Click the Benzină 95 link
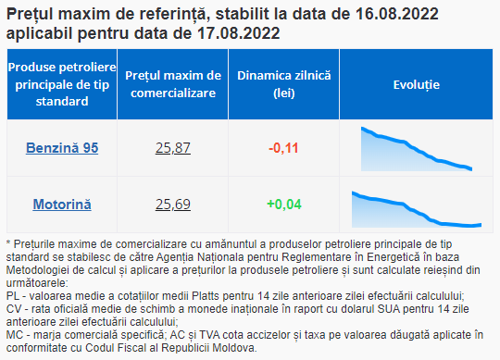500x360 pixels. click(x=62, y=148)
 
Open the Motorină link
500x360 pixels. click(x=62, y=205)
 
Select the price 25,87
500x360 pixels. click(x=173, y=148)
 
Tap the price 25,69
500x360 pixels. click(x=173, y=205)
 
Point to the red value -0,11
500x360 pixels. click(x=283, y=148)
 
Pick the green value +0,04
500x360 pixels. click(x=284, y=205)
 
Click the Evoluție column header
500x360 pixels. click(x=416, y=85)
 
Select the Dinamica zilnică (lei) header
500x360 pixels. click(x=284, y=84)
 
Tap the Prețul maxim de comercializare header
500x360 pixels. click(x=173, y=84)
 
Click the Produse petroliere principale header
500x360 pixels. click(x=62, y=84)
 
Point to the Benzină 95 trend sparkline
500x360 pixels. click(x=416, y=149)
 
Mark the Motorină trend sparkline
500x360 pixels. click(x=416, y=209)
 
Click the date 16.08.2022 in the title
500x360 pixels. click(x=396, y=14)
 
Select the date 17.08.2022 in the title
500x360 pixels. click(x=239, y=33)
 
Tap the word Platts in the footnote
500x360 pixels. click(x=206, y=296)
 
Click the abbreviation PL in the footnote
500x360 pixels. click(x=12, y=296)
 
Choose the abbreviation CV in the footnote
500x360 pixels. click(x=13, y=309)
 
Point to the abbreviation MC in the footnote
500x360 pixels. click(x=14, y=335)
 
